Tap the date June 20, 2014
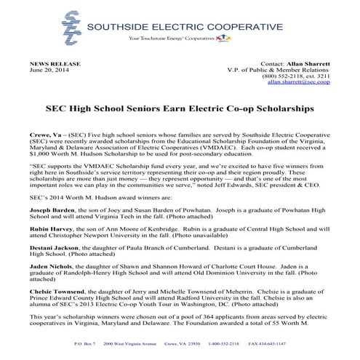(x=46, y=70)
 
